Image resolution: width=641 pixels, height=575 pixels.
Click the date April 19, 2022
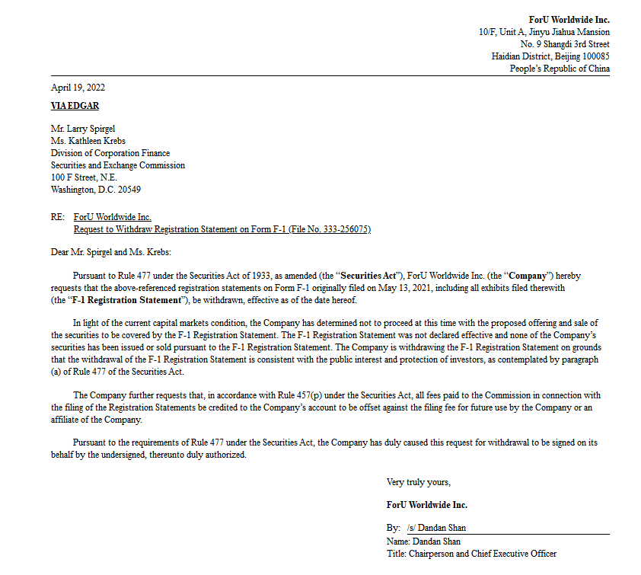78,88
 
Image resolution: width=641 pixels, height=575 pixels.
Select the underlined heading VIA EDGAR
75,106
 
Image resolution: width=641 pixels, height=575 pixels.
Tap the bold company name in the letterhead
569,20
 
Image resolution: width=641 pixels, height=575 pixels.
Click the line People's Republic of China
560,69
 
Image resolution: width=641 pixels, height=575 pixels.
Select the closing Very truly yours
418,482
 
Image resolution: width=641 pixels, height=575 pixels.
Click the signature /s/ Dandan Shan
436,528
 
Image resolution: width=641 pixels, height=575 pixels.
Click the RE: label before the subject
57,217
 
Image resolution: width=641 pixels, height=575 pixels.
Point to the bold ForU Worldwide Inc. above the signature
426,505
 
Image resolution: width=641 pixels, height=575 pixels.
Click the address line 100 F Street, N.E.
83,177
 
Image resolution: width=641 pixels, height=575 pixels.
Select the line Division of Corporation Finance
110,153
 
